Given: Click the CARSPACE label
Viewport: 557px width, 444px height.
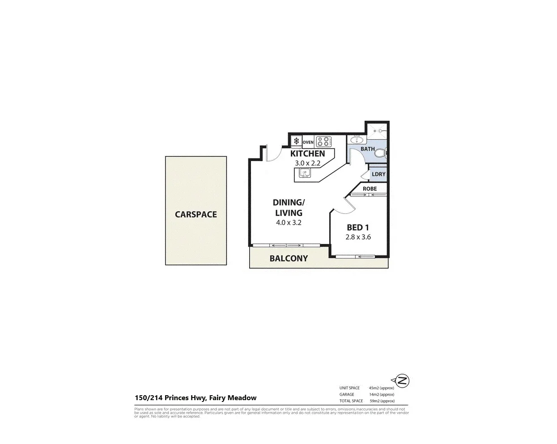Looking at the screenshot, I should point(196,214).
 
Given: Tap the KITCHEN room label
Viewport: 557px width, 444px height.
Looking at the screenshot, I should point(307,154).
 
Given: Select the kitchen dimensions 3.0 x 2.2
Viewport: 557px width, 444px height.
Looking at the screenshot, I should point(307,163).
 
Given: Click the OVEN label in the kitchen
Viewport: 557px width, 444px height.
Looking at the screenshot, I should point(308,142).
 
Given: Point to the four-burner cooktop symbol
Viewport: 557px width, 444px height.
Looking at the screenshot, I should point(323,142).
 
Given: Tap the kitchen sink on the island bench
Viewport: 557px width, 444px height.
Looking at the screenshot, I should point(305,174).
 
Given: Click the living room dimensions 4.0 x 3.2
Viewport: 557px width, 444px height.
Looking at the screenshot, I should point(289,222).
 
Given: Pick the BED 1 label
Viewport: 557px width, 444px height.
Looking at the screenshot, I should point(358,228).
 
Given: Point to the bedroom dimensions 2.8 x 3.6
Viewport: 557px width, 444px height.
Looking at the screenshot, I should point(358,237).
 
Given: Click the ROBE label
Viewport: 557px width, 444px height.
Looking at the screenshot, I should point(370,189).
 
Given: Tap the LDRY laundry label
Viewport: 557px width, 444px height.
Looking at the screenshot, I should point(378,174).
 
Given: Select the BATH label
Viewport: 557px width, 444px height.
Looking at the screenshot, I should point(368,149).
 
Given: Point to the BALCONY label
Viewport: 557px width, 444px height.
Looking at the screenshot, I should point(289,258).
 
